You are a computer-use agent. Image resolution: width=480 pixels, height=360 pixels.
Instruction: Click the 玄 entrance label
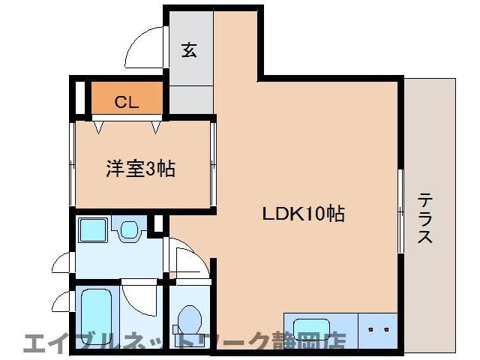(190, 51)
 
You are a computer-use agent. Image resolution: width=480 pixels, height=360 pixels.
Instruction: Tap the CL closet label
(126, 103)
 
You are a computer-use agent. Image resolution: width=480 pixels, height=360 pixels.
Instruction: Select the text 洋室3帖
(139, 168)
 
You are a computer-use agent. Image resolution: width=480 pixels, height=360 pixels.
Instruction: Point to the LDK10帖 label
(303, 214)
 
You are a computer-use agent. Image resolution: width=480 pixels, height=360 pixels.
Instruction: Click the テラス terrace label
(425, 217)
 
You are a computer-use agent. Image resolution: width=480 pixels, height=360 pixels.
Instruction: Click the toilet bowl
(187, 318)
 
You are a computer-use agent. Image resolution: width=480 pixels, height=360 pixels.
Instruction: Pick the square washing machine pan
(94, 230)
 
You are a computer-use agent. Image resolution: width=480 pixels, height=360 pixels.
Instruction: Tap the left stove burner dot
(372, 328)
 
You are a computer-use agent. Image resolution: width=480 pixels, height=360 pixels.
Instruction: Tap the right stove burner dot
(387, 328)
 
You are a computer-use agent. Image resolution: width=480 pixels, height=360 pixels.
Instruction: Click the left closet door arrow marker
(98, 125)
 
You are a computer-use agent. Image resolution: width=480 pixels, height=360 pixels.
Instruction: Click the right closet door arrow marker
(155, 125)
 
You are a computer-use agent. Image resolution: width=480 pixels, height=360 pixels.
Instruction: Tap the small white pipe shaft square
(158, 223)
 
